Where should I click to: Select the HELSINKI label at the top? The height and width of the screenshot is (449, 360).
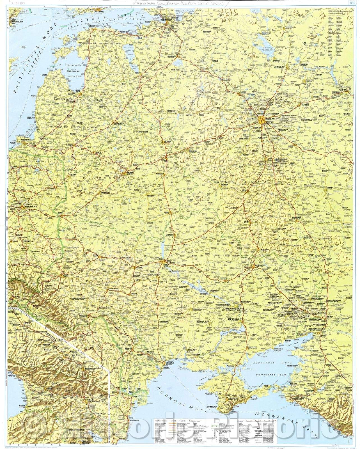coord(100,12)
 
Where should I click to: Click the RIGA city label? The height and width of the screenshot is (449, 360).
coord(78,90)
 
